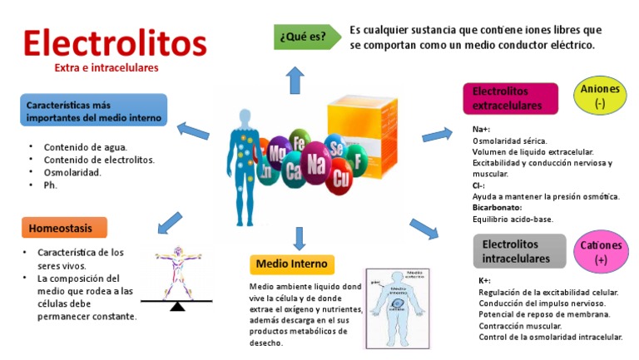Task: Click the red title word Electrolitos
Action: click(115, 42)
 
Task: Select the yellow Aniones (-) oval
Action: click(599, 96)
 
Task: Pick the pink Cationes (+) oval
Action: click(601, 253)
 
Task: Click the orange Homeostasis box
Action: click(64, 228)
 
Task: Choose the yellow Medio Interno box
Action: click(292, 264)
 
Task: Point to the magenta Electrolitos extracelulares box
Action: click(509, 98)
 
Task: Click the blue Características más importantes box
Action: click(94, 111)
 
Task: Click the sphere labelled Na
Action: click(316, 165)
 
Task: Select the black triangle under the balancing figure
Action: click(176, 306)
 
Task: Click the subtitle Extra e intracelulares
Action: click(106, 67)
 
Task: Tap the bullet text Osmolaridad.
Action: click(72, 173)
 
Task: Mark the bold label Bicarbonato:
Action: click(497, 206)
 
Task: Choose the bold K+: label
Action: click(484, 281)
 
